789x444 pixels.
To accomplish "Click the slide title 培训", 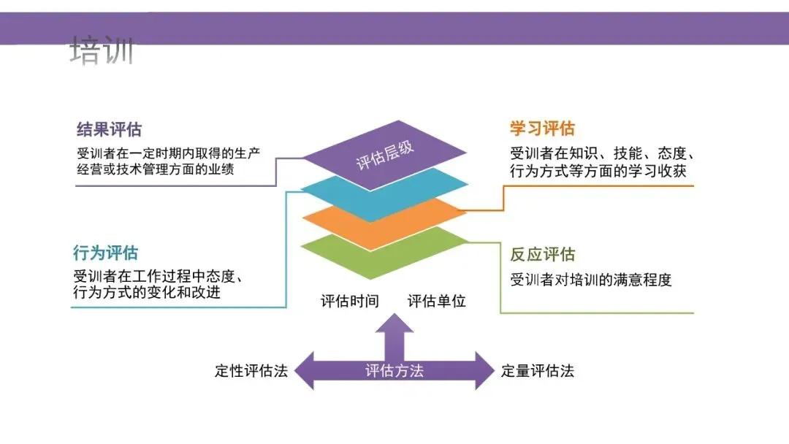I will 102,51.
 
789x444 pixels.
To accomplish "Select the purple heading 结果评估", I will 109,130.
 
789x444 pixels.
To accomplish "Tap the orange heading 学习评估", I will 542,129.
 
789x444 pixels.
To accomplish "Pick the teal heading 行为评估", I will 105,253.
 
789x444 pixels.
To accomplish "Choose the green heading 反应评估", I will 542,254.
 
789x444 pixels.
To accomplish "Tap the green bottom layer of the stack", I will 384,256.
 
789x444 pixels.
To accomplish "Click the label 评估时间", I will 349,301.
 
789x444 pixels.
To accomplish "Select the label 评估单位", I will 436,301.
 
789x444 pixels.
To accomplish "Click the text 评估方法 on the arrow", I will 394,370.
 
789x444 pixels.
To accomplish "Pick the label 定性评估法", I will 251,370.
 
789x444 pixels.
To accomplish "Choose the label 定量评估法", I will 538,370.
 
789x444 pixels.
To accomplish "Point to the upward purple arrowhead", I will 394,324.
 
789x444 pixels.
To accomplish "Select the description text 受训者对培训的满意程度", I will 590,280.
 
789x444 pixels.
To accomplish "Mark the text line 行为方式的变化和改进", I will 147,293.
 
